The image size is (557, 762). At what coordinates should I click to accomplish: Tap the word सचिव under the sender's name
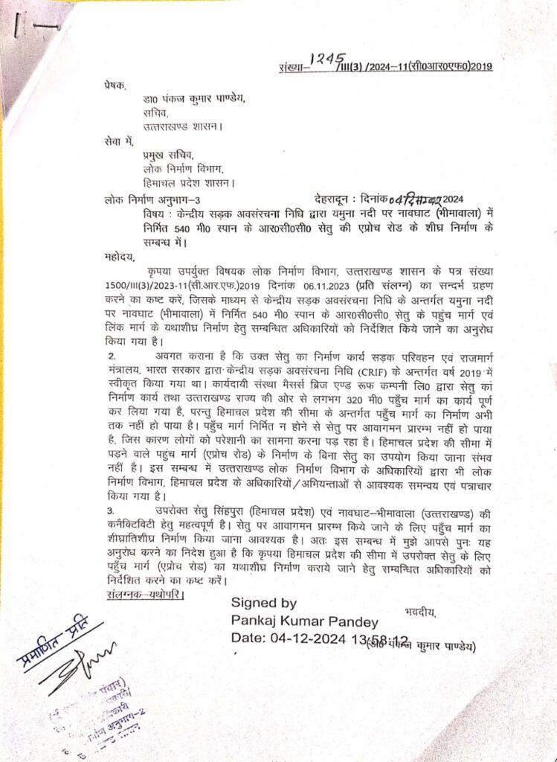155,113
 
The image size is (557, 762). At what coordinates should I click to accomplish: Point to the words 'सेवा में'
122,141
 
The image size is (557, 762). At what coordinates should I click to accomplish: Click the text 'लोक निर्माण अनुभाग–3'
153,199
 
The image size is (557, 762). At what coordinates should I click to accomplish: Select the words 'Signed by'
264,603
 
